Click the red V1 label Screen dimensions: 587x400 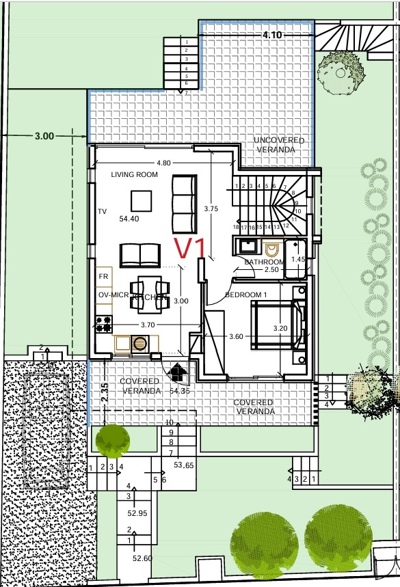(190, 249)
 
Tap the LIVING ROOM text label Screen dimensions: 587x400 (135, 175)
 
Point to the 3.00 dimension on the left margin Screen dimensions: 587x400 (44, 137)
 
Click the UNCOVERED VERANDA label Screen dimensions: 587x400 (279, 144)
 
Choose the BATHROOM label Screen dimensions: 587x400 (265, 262)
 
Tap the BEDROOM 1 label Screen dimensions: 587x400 (245, 294)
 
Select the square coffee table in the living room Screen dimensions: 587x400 (142, 200)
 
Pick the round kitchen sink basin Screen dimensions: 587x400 (139, 343)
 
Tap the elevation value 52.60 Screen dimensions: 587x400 (143, 559)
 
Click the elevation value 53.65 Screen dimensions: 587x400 (184, 465)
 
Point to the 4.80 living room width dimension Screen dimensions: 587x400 (163, 163)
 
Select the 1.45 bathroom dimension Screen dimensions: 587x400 (297, 260)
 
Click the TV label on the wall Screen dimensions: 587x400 (103, 212)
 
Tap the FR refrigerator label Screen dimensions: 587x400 (104, 276)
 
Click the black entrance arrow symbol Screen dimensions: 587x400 (178, 372)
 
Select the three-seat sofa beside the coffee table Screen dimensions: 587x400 (183, 204)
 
